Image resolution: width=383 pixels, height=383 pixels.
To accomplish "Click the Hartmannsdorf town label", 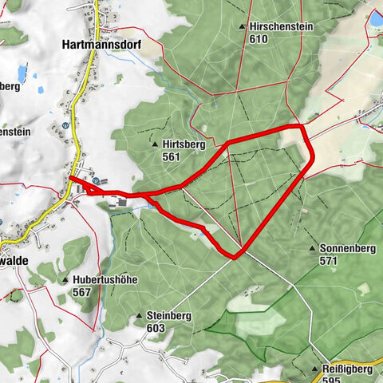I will click(x=101, y=45).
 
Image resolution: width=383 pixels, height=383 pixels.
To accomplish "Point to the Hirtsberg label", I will click(x=184, y=145).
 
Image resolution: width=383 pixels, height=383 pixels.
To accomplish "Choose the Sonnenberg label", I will click(x=347, y=248).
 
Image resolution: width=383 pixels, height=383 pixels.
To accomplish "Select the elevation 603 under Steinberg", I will click(x=156, y=328).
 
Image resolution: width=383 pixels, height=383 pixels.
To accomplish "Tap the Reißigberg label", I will click(x=349, y=369).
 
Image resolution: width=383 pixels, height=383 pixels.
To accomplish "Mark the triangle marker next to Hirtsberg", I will click(x=155, y=145).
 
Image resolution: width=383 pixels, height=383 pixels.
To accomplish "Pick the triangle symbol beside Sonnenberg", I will click(x=312, y=249).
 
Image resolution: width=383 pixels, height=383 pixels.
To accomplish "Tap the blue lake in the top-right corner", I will click(x=375, y=18).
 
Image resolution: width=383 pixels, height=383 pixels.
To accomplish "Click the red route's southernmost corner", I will click(x=235, y=257).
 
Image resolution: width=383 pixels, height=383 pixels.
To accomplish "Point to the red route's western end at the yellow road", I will click(x=71, y=179).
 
